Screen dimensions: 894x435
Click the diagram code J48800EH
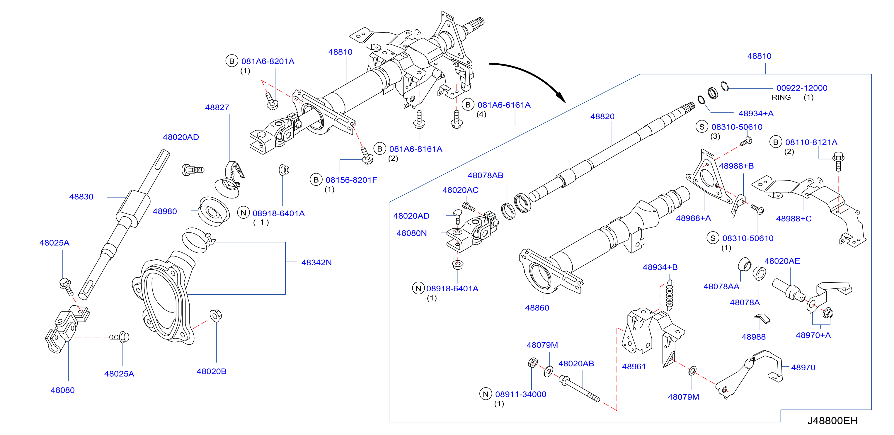832,420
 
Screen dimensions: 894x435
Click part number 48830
81,197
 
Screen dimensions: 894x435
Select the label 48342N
316,262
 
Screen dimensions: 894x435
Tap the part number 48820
602,116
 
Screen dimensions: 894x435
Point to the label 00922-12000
802,88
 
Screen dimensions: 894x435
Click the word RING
781,97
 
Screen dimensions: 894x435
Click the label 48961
634,367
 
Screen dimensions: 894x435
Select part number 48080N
412,233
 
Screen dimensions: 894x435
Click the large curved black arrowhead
560,97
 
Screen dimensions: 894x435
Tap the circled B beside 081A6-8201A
231,61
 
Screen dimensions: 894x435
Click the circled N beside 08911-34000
486,394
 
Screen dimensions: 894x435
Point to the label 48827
217,107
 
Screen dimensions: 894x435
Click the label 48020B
211,371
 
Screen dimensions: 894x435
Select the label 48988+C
794,218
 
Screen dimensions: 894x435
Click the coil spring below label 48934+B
670,295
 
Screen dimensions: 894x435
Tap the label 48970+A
813,335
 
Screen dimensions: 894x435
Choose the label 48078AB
485,175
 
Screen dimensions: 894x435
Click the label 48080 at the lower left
62,390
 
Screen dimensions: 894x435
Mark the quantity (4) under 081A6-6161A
481,114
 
